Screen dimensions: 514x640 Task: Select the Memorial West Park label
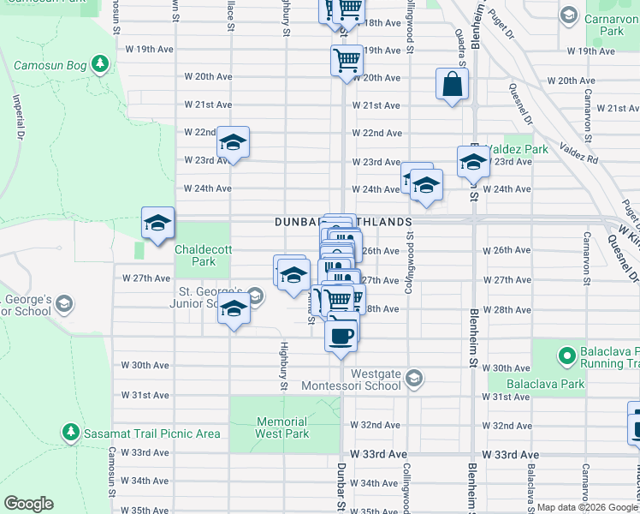pos(282,427)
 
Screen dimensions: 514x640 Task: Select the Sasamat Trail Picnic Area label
pos(151,433)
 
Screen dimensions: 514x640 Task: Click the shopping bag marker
pos(452,85)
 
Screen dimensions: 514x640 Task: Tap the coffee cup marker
pos(341,334)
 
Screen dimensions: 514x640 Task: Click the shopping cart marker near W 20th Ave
pos(347,61)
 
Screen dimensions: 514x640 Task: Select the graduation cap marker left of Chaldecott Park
pos(157,224)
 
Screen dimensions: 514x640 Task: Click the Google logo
pos(28,504)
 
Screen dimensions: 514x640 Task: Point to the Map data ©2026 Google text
pos(586,508)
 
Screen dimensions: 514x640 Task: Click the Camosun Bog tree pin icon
pos(101,63)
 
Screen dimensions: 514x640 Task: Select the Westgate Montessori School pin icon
pos(414,379)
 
